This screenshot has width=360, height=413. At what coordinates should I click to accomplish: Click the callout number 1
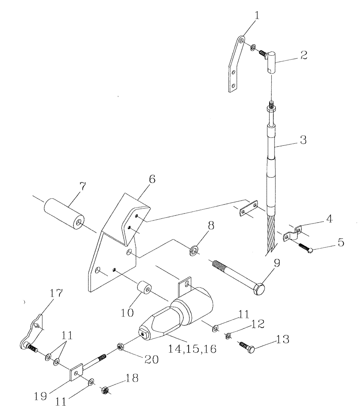[257, 17]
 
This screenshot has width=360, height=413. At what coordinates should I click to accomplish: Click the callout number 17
[56, 294]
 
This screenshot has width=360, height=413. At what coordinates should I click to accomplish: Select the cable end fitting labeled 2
[270, 61]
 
